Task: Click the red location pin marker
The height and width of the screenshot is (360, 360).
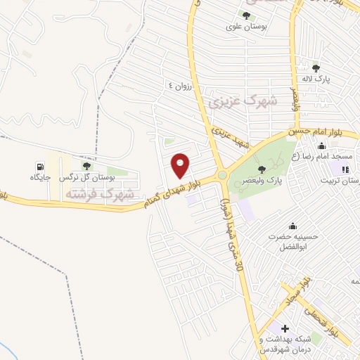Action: click(181, 165)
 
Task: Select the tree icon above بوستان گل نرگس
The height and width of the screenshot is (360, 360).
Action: click(86, 166)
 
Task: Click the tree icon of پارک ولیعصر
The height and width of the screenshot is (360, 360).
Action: click(262, 169)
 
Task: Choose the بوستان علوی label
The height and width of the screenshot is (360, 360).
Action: click(245, 27)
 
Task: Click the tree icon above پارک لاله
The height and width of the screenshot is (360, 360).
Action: click(316, 68)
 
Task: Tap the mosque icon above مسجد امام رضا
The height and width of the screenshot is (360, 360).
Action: click(321, 146)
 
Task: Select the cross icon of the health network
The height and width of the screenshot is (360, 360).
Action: click(285, 328)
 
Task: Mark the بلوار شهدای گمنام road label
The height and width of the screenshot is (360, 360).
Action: click(180, 191)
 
